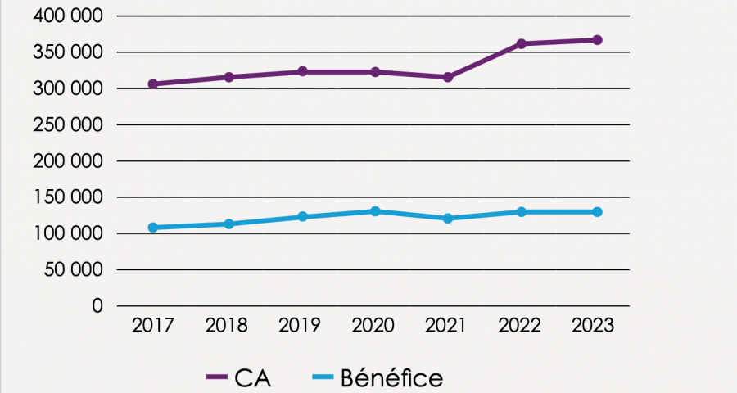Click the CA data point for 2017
[x=153, y=84]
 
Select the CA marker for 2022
[x=521, y=43]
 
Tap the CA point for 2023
[x=597, y=39]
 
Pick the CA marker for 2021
[x=448, y=77]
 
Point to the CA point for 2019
[x=302, y=71]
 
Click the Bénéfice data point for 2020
[x=375, y=211]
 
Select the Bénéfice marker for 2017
[x=153, y=227]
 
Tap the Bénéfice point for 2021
[x=448, y=219]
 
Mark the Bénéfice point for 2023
[x=597, y=212]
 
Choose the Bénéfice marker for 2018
[x=229, y=224]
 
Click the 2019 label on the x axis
[x=300, y=326]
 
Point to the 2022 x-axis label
[x=519, y=326]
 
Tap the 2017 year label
[x=153, y=326]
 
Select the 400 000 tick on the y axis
[x=69, y=16]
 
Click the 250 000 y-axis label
[x=69, y=124]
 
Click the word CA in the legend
[x=252, y=378]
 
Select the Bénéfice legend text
[x=391, y=378]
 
